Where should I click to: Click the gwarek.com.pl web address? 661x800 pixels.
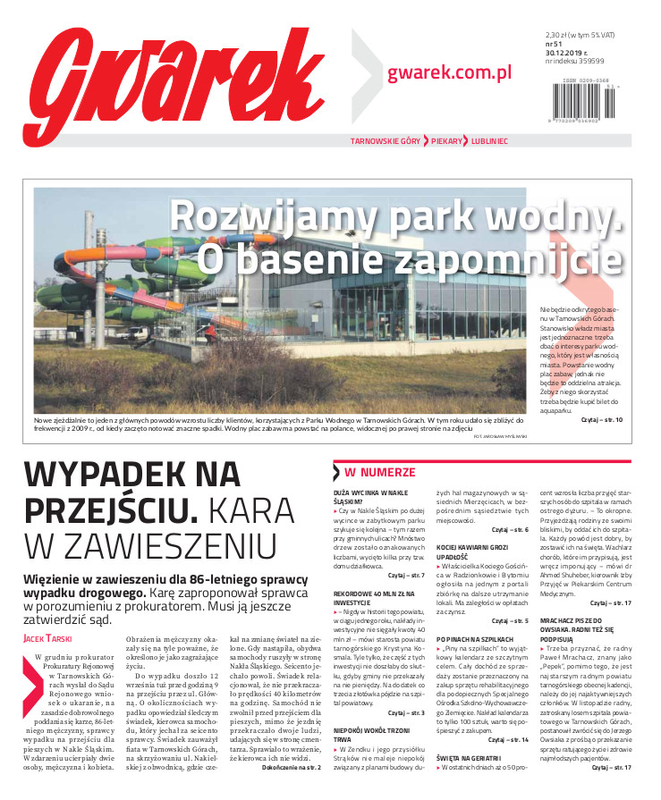point(449,72)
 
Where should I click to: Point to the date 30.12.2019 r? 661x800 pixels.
point(569,50)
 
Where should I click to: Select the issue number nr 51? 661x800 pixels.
point(554,41)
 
